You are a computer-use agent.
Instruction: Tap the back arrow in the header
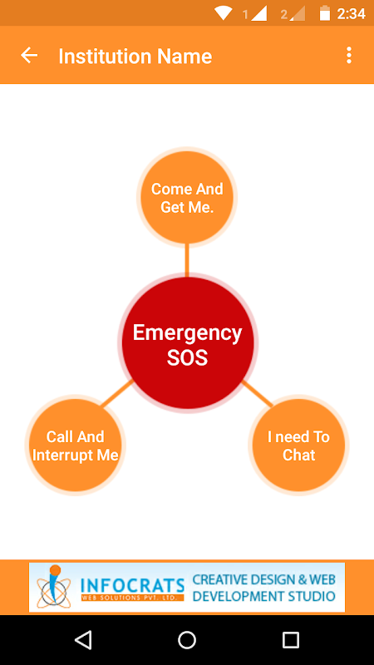click(x=29, y=55)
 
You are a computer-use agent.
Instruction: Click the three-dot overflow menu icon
click(x=348, y=55)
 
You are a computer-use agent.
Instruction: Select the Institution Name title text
click(x=135, y=56)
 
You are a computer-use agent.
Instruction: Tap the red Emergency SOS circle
click(x=188, y=342)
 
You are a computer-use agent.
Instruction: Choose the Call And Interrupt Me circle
click(x=76, y=446)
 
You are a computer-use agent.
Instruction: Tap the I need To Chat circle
click(x=298, y=446)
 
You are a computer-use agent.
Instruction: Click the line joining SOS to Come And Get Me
click(x=187, y=259)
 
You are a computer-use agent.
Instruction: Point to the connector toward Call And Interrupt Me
click(x=117, y=393)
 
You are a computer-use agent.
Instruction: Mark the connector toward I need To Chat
click(x=257, y=393)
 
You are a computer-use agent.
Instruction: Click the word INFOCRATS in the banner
click(x=132, y=586)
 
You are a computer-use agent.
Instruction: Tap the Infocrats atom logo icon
click(x=53, y=586)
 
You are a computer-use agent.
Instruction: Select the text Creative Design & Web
click(x=263, y=579)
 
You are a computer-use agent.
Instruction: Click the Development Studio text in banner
click(x=263, y=596)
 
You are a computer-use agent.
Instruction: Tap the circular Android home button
click(x=187, y=639)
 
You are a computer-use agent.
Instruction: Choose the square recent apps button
click(x=290, y=639)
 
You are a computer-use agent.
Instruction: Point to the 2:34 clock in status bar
click(x=351, y=14)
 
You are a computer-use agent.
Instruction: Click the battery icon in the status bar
click(x=325, y=13)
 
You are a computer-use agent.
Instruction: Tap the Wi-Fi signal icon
click(x=223, y=13)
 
